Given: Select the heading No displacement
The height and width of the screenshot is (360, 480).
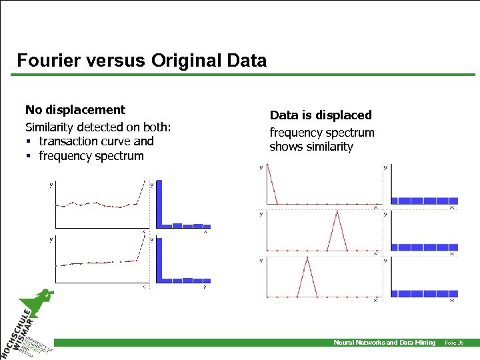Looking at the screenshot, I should coord(75,109).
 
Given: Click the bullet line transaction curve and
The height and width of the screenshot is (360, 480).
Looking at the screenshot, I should coord(96,141).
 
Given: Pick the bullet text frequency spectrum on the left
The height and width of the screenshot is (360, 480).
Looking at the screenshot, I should coord(91,156).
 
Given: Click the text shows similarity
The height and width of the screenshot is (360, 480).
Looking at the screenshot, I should coord(311,147).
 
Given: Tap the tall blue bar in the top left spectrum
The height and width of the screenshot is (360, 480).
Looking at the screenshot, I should coord(160,204).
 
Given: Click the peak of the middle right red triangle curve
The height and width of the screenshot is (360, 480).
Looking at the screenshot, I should coord(337,212).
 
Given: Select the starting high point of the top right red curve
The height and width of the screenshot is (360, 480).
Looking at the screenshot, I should coord(267,167).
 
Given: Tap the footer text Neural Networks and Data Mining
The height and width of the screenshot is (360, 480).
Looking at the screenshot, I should coord(384,343).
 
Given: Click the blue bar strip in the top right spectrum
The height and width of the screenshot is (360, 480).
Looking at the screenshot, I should coord(424,201).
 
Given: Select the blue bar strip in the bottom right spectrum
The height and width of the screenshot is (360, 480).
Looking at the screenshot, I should coord(424,293).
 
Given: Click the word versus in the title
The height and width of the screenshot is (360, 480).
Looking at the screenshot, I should coord(115,61).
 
